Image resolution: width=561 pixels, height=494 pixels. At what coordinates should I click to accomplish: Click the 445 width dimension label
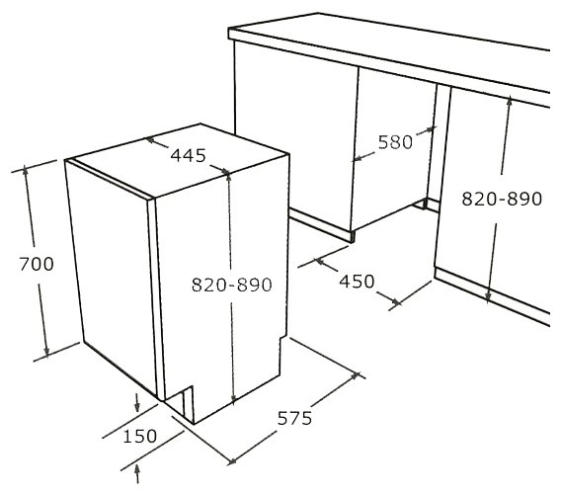(x=189, y=155)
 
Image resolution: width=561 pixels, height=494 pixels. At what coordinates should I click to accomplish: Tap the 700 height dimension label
(x=37, y=264)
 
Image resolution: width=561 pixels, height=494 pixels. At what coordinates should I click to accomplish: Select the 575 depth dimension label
(x=294, y=418)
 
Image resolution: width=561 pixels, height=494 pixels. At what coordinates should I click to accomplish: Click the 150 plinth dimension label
(x=140, y=436)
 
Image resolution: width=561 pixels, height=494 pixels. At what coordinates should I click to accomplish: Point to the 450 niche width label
(x=357, y=282)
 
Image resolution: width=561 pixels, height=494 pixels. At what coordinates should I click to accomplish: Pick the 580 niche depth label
(x=395, y=142)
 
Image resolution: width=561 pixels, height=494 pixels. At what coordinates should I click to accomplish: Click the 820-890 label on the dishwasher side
(x=232, y=285)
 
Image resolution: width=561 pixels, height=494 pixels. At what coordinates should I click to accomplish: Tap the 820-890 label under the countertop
(x=502, y=199)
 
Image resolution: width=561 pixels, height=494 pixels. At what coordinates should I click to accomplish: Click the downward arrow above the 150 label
(x=137, y=402)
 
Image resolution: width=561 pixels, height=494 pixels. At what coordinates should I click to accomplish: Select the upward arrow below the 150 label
(x=137, y=474)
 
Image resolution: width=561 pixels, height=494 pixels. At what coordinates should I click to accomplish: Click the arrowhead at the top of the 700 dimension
(x=25, y=170)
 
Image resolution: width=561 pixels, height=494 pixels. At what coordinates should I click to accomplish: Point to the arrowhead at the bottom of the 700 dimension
(x=46, y=352)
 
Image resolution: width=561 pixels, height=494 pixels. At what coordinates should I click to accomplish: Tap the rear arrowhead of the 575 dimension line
(x=355, y=375)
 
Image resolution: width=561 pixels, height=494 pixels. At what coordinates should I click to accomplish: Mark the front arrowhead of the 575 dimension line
(x=233, y=461)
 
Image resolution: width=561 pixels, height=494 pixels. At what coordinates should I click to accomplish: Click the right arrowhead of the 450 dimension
(x=395, y=302)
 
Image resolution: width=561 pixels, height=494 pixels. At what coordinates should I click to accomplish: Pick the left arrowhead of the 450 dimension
(x=319, y=262)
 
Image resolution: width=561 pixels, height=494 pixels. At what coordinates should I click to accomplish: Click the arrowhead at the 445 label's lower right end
(x=225, y=172)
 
